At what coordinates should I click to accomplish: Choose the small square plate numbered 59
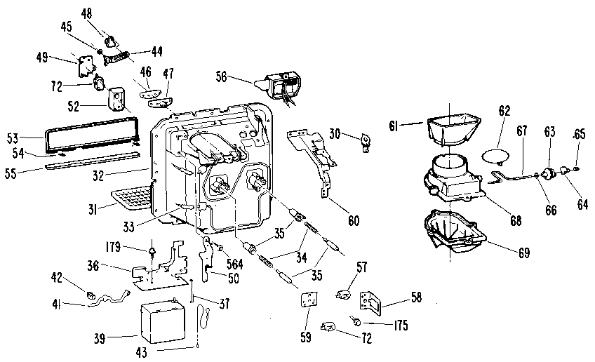[x=307, y=301]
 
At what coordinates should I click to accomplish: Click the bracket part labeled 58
[x=369, y=301]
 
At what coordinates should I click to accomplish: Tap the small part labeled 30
[x=364, y=141]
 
